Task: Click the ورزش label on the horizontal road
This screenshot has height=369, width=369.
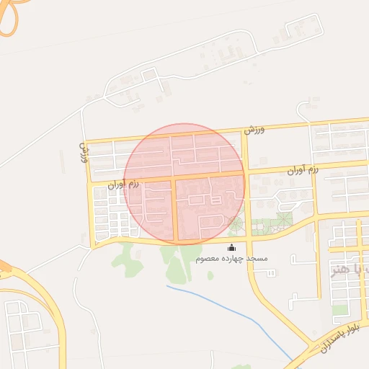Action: pos(255,130)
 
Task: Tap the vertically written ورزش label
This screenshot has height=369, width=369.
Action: pos(83,152)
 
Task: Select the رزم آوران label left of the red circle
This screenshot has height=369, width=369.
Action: pos(122,184)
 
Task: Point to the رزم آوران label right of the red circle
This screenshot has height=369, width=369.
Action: pos(303,172)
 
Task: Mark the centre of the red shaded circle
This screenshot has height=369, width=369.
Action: pos(184,183)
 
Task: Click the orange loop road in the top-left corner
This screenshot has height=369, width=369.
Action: pos(9,19)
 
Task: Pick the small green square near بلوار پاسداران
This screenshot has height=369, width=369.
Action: pos(339,310)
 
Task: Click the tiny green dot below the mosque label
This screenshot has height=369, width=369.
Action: pos(210,275)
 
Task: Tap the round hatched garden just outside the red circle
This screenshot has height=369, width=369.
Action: pos(284,216)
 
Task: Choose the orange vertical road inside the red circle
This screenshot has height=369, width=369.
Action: pos(174,209)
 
